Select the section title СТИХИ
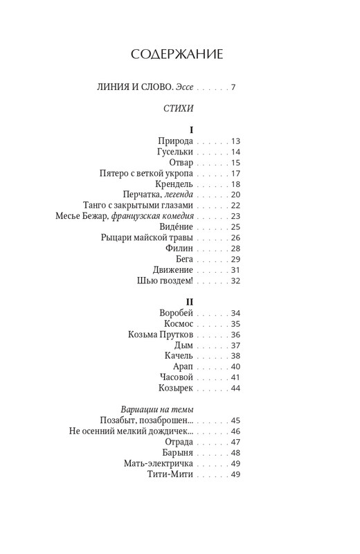point(178,108)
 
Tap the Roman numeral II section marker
point(189,301)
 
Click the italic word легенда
point(176,195)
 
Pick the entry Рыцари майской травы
point(147,238)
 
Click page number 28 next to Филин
point(235,248)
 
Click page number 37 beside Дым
point(235,345)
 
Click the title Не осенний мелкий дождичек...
point(132,431)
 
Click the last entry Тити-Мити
point(170,474)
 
